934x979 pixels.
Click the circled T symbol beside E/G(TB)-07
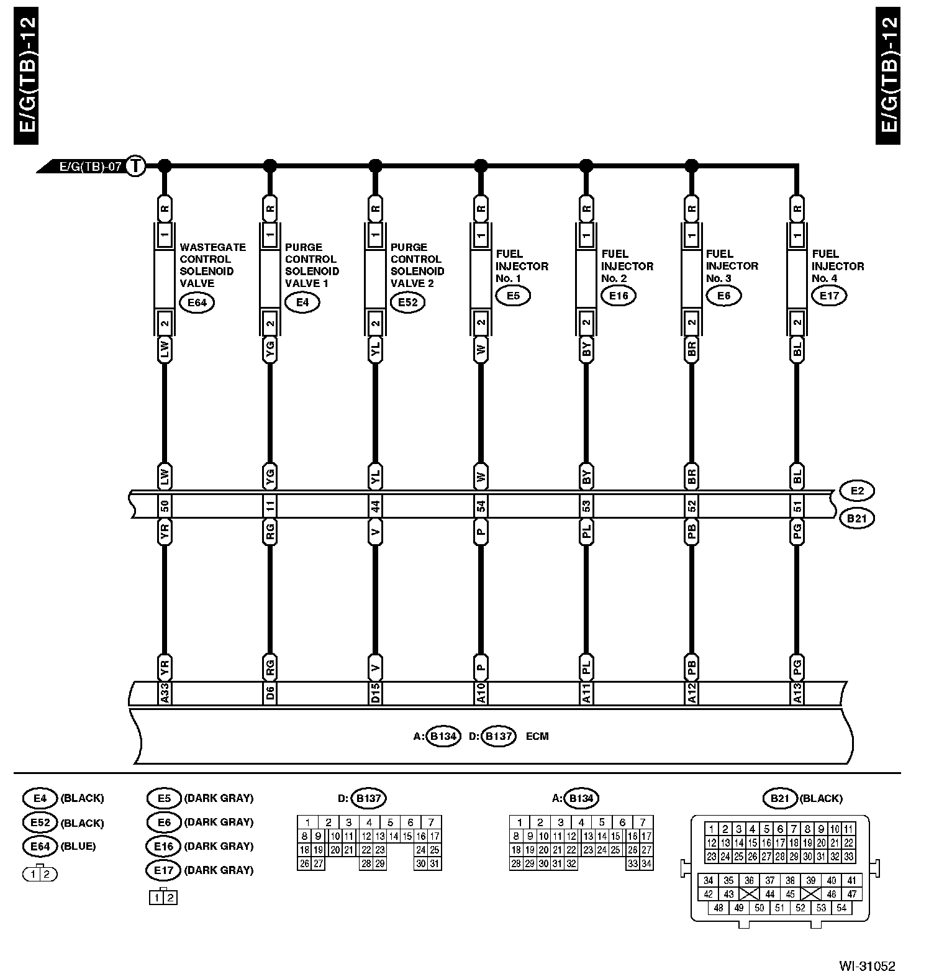pos(135,166)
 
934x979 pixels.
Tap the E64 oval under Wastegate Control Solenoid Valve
pos(197,303)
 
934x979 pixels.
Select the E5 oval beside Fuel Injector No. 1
pos(513,296)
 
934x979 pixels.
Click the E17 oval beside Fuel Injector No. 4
pos(830,296)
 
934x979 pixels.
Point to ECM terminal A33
pos(165,693)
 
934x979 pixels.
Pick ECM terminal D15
pos(375,693)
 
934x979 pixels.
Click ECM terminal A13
pos(797,693)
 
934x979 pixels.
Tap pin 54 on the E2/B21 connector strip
pos(481,506)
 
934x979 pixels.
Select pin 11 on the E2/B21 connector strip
pos(270,506)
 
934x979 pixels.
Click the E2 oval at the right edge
pos(857,491)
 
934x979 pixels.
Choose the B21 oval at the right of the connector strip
pos(857,518)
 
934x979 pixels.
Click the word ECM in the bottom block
pos(537,737)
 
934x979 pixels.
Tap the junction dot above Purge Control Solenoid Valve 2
pos(375,165)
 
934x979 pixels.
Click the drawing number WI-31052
pos(867,966)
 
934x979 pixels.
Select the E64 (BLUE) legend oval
pos(40,846)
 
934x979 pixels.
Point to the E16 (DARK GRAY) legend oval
pos(164,846)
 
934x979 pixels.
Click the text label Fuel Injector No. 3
pos(732,266)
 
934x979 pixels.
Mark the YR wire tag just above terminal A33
pos(165,668)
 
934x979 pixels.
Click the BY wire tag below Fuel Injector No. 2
pos(586,350)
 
